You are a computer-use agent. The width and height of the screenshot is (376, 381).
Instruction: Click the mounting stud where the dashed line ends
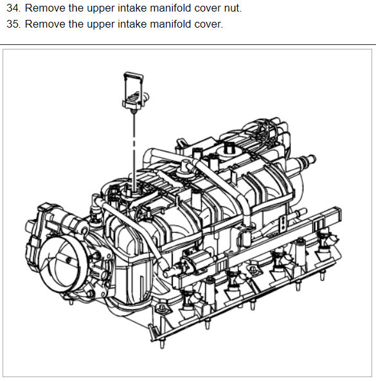pos(132,189)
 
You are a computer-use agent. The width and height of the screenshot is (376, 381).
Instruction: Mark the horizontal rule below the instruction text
pos(188,45)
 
